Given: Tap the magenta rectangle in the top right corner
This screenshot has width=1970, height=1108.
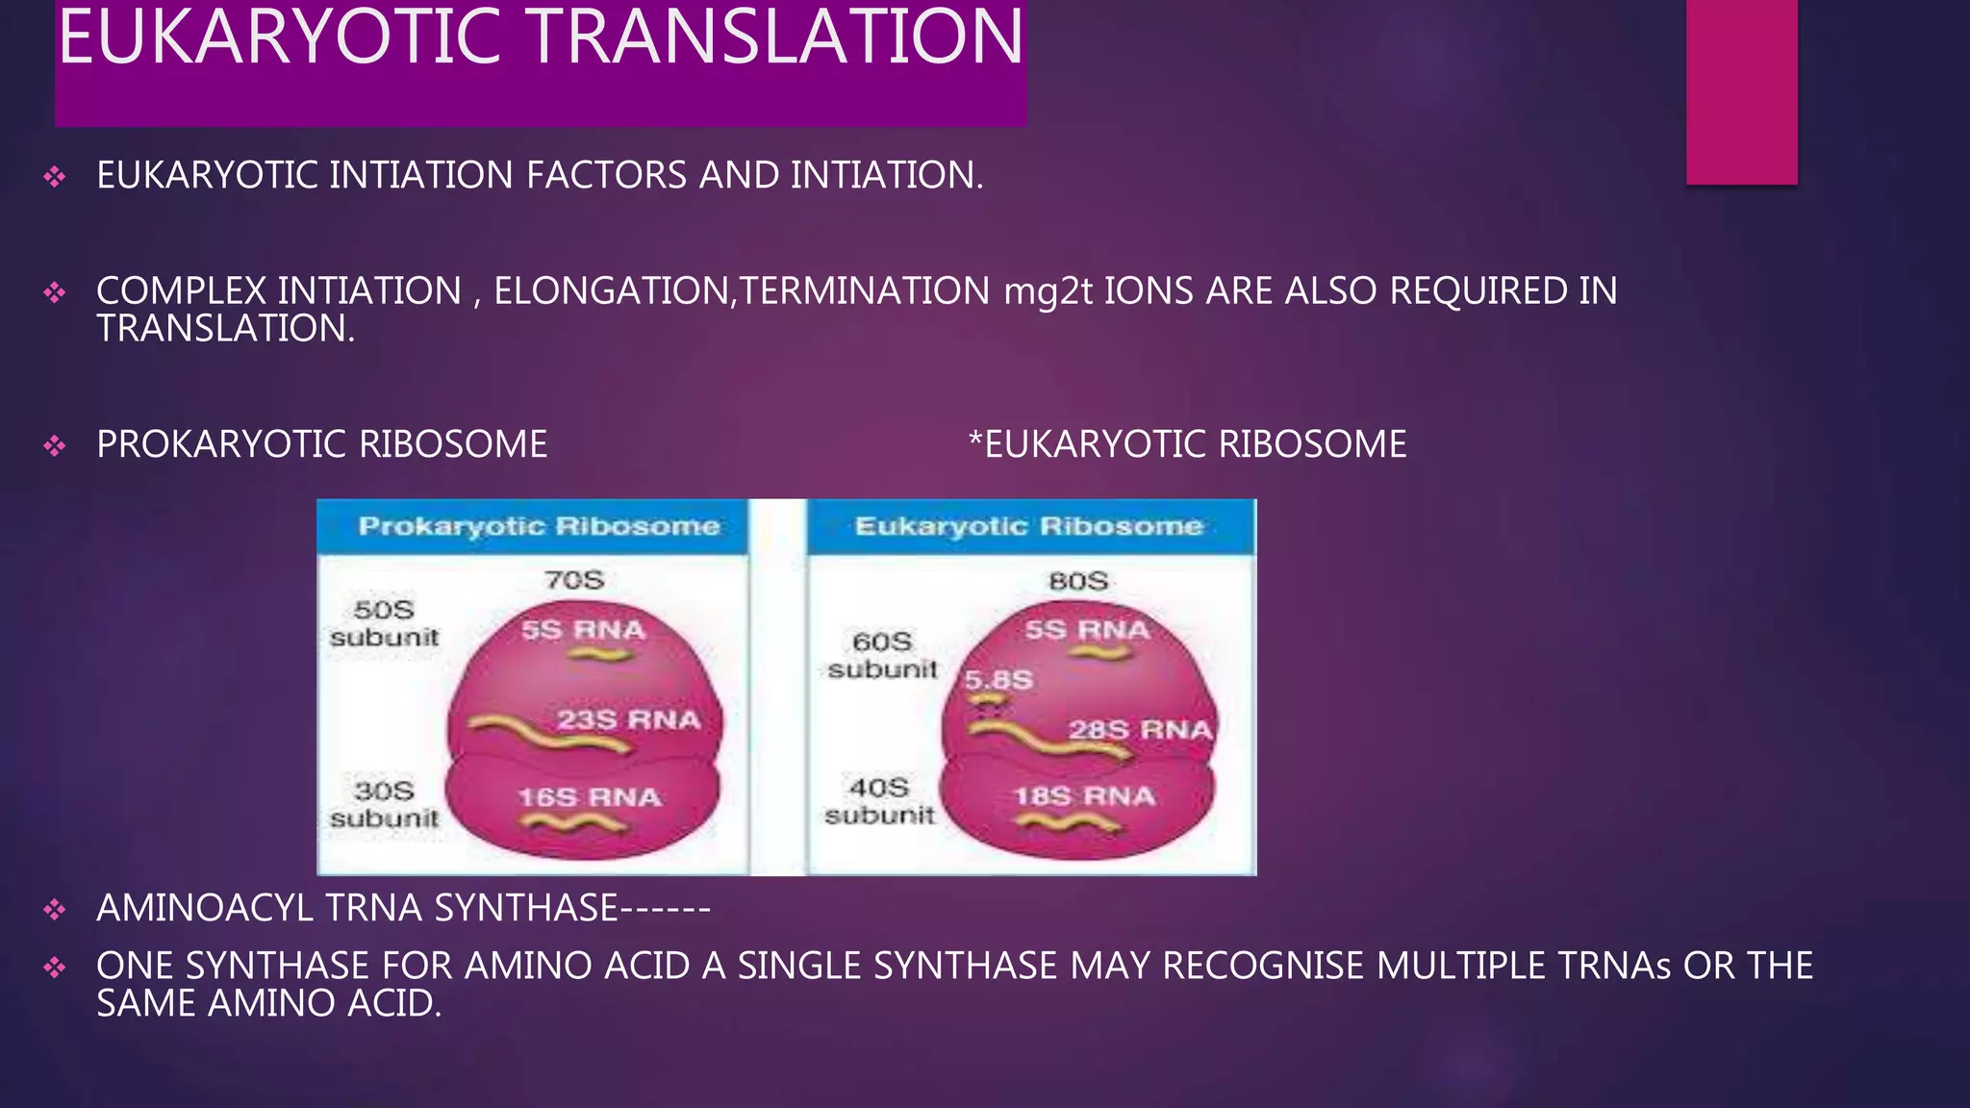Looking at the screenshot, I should [1741, 91].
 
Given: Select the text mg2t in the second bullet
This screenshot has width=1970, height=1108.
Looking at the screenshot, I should [1048, 291].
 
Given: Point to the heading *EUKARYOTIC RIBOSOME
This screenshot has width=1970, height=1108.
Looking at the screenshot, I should [1187, 444].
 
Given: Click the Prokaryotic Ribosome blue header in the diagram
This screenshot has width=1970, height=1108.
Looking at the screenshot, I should [539, 526].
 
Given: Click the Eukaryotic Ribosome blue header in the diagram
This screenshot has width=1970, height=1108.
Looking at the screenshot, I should [1028, 526].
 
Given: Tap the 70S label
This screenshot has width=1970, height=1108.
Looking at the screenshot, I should [574, 580].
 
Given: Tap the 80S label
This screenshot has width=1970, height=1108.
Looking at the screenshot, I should [1078, 581].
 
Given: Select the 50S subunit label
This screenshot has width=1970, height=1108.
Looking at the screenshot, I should [384, 623].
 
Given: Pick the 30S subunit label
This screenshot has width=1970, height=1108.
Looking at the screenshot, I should [384, 804].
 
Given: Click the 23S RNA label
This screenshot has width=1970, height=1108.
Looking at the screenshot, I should [628, 719].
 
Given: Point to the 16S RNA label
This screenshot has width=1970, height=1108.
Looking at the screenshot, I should [589, 797].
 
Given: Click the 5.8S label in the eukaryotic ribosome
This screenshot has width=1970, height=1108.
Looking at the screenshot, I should [998, 680].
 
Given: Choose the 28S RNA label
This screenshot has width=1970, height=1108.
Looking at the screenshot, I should [1140, 730].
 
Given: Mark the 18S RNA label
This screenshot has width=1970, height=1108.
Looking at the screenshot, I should [1084, 796].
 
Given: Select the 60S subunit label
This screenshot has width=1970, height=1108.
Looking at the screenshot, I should [882, 655].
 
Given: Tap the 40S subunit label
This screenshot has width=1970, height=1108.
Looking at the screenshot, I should [879, 801].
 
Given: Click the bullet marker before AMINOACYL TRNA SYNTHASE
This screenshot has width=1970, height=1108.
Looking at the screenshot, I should [55, 909].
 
